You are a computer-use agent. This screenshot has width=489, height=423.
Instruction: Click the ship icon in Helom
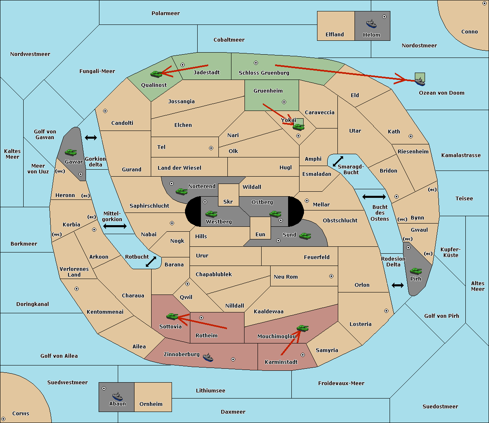[371, 24]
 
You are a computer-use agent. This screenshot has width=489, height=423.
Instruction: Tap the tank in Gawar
[71, 152]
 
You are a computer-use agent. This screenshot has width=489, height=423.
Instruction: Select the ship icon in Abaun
[117, 396]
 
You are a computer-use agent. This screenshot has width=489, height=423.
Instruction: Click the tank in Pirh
[416, 271]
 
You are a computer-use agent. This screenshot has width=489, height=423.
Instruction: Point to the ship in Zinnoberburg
[208, 357]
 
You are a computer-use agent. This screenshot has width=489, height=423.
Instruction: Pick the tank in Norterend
[181, 191]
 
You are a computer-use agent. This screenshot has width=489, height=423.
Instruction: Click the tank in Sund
[305, 236]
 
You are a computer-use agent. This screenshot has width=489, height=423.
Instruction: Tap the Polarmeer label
[165, 13]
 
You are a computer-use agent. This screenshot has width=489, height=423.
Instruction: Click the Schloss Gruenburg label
[264, 73]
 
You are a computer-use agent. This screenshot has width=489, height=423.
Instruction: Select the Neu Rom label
[286, 277]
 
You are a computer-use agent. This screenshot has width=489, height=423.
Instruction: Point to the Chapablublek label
[214, 274]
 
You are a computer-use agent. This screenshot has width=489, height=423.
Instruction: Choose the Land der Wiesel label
[179, 168]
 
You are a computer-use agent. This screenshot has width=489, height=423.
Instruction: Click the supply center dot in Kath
[411, 136]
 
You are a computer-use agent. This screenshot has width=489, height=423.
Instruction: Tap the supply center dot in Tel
[211, 148]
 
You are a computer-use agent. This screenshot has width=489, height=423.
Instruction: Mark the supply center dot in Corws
[3, 419]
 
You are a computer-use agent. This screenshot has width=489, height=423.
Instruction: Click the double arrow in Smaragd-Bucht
[338, 161]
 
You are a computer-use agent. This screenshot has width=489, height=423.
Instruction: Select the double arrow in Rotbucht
[151, 261]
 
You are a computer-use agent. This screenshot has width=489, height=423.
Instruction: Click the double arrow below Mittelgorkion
[115, 226]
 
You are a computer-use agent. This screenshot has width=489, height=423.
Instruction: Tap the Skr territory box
[228, 195]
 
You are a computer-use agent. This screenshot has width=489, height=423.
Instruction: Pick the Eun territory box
[260, 228]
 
